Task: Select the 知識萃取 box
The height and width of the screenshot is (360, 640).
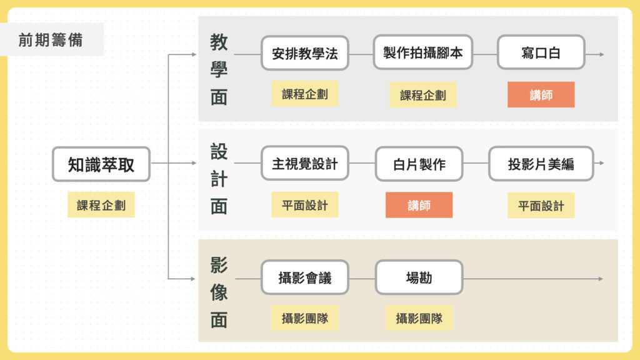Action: pyautogui.click(x=101, y=164)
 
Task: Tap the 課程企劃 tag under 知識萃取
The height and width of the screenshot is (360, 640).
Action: pyautogui.click(x=101, y=205)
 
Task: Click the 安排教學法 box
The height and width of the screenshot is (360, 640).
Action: pyautogui.click(x=304, y=53)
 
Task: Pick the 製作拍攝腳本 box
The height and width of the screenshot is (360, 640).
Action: pyautogui.click(x=422, y=52)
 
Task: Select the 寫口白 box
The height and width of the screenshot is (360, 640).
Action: pyautogui.click(x=541, y=52)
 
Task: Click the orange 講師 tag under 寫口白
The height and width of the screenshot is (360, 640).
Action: pyautogui.click(x=541, y=95)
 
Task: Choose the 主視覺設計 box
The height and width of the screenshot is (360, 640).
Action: pyautogui.click(x=304, y=164)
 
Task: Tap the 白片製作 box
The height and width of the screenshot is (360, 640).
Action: pyautogui.click(x=419, y=164)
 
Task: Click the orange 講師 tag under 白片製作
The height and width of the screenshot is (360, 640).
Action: pyautogui.click(x=419, y=205)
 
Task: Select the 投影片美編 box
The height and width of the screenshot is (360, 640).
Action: pyautogui.click(x=541, y=164)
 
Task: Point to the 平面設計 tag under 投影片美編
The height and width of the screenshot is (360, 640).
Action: pyautogui.click(x=541, y=205)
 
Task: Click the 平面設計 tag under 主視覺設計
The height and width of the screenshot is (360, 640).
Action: pyautogui.click(x=304, y=205)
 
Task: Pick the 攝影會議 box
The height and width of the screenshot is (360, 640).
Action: pyautogui.click(x=304, y=277)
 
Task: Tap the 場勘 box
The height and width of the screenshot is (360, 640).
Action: pyautogui.click(x=419, y=277)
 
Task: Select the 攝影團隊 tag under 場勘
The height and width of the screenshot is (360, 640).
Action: pyautogui.click(x=419, y=317)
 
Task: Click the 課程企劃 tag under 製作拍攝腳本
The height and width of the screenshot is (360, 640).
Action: pyautogui.click(x=422, y=95)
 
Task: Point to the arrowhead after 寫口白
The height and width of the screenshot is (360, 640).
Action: pyautogui.click(x=601, y=54)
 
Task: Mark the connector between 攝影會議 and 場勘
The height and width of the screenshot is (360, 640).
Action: pyautogui.click(x=362, y=278)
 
